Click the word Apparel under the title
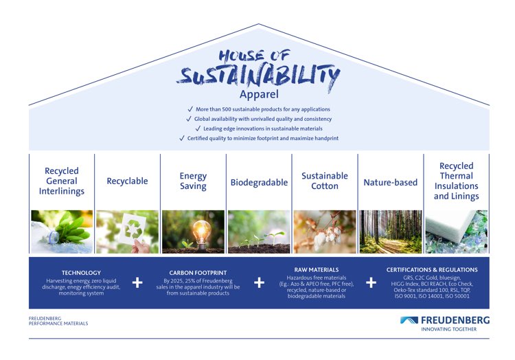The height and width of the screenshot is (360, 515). [259, 95]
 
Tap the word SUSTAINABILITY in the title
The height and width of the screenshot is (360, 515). [258, 76]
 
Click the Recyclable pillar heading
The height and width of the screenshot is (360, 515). [127, 181]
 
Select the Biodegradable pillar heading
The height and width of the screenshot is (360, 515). [259, 183]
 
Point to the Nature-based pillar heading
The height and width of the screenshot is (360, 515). [390, 182]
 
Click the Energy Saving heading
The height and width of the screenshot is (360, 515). [193, 181]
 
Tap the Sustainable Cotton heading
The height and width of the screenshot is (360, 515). [325, 181]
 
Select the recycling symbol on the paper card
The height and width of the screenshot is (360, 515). [133, 229]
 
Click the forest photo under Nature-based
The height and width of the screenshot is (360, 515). [391, 232]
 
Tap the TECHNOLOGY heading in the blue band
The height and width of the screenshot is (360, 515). [81, 273]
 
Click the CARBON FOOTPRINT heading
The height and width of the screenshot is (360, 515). [198, 273]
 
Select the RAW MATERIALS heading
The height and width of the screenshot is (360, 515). [317, 270]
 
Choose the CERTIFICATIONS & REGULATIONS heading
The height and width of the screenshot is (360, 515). [432, 270]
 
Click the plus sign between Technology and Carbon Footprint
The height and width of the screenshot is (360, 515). [137, 282]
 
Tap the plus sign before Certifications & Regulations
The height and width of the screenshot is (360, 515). [371, 282]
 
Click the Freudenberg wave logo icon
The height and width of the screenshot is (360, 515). [409, 320]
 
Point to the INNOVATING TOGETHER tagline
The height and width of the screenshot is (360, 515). [448, 329]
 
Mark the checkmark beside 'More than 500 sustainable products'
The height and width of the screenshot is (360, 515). [190, 109]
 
